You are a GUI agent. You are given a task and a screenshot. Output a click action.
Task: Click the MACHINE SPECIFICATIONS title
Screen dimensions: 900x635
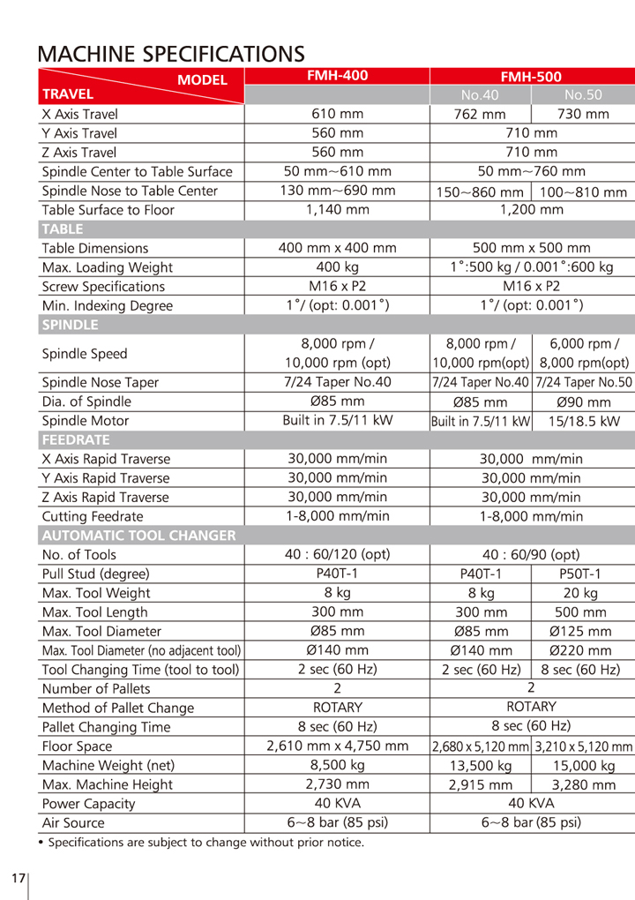171,54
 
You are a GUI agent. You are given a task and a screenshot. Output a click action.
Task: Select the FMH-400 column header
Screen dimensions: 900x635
337,76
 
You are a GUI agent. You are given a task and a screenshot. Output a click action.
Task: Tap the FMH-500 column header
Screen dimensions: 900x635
531,77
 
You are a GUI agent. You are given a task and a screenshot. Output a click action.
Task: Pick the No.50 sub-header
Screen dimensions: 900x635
583,94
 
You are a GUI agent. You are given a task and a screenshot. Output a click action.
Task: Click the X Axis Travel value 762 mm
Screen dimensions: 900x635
480,114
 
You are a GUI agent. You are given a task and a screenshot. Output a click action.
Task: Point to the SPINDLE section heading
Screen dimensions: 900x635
70,325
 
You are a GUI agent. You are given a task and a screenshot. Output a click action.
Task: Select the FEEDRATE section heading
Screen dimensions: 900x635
76,439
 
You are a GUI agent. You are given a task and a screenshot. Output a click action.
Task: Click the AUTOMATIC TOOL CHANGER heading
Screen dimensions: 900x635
138,535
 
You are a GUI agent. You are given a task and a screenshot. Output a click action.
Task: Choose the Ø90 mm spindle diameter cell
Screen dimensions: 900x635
583,401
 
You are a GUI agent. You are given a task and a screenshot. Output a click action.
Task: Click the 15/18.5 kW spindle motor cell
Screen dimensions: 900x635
583,421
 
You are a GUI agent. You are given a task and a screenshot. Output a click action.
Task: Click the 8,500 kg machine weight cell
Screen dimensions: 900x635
337,765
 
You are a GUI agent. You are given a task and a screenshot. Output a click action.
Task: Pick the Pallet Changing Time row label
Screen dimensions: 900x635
106,727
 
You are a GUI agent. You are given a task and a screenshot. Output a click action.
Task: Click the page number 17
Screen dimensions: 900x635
19,879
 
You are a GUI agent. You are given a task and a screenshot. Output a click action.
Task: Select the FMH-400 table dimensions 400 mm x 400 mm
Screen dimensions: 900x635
337,248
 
